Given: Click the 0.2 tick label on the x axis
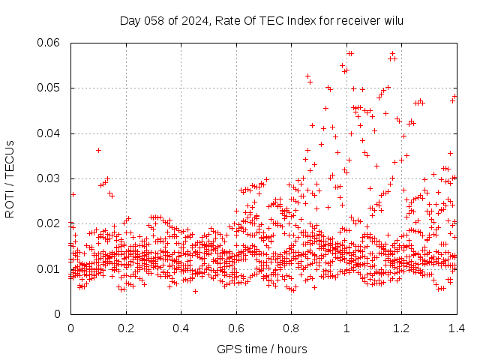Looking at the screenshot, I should pos(126,328).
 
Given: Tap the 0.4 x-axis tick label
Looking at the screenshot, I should pos(181,328).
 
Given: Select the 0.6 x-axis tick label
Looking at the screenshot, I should pos(236,328).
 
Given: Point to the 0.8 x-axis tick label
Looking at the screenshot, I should pos(291,328).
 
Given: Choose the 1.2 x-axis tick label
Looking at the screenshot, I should pos(401,328).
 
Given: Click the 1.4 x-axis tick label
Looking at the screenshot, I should pos(456,328).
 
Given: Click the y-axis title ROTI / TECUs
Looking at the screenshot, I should pos(10,178).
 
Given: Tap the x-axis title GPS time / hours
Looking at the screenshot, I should pos(262,349).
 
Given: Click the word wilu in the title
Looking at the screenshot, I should pos(393,20).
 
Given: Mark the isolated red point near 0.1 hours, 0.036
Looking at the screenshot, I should pos(98,150).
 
